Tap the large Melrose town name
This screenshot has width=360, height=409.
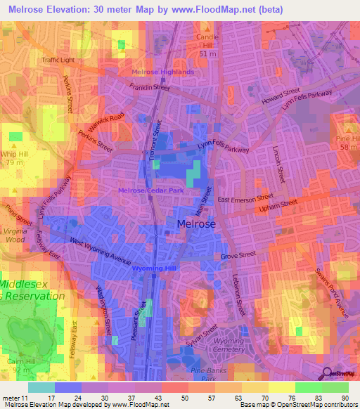coord(193,224)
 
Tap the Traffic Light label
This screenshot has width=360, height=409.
coord(58,60)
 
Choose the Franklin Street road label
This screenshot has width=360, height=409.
coord(150,88)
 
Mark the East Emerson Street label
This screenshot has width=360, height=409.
coord(245,200)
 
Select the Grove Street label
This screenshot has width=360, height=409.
coord(239,257)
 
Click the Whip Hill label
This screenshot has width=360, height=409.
coord(15,153)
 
